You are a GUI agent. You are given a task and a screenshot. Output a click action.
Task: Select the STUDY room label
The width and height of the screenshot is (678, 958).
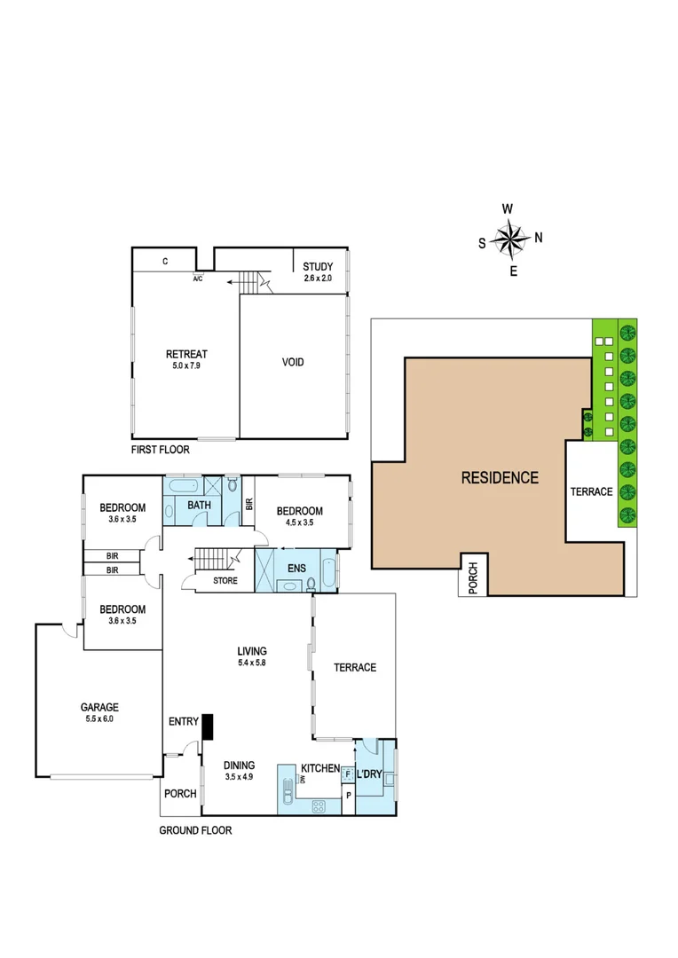coord(317,266)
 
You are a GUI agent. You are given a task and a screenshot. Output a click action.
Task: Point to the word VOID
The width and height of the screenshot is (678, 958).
coord(292,362)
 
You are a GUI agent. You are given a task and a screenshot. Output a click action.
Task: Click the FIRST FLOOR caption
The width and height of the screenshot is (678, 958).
coord(160,450)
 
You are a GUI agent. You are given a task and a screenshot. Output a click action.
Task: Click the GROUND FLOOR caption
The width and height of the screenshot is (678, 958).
coord(195,831)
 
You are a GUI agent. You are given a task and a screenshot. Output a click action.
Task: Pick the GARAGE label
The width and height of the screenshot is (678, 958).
coord(99,707)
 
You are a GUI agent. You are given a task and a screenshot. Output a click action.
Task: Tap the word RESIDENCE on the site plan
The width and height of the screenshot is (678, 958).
coord(500,478)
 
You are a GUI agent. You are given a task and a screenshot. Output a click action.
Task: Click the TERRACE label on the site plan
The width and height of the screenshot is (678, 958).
coord(591,491)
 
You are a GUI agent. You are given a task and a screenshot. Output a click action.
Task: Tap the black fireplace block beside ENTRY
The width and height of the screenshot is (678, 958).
coord(208,726)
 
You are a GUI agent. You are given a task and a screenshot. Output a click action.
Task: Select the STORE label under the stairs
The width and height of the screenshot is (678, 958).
coord(225,582)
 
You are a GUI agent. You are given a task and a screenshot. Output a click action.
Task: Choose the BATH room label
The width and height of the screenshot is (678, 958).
coord(199,506)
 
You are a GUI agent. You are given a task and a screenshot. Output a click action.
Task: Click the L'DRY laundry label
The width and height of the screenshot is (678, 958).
coord(369,774)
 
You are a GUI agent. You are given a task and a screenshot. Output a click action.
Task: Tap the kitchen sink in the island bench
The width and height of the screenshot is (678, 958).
coord(288,789)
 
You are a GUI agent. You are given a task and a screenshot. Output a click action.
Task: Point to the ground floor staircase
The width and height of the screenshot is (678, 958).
coord(212,560)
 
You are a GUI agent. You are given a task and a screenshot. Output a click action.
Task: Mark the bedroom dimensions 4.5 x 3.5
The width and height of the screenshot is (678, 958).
coord(299,522)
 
